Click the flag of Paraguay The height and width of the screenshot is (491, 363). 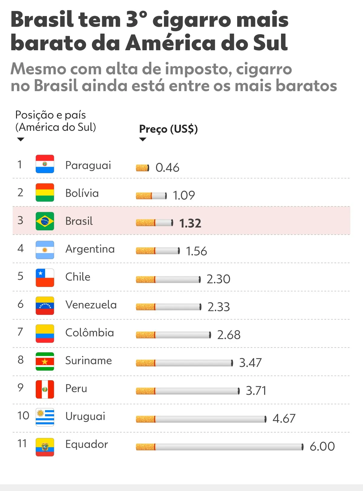tap(45, 164)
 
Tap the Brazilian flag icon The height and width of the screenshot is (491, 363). tap(45, 221)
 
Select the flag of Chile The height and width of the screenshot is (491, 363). tap(45, 278)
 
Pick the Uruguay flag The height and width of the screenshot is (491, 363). tap(45, 417)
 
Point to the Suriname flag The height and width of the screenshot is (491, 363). tap(45, 361)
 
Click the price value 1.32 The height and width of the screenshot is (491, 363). tap(190, 223)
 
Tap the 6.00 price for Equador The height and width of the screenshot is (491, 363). tap(322, 447)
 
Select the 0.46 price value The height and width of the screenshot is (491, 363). tap(167, 167)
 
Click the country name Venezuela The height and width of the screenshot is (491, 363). tap(91, 305)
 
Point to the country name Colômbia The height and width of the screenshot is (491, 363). tap(90, 333)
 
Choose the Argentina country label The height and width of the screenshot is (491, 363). tap(90, 249)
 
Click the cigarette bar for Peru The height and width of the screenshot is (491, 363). tap(188, 391)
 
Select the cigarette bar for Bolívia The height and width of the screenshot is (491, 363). tap(151, 196)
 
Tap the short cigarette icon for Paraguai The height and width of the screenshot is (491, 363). tap(142, 168)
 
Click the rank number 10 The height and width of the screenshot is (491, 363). tap(23, 416)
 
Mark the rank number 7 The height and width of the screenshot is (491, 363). tap(20, 332)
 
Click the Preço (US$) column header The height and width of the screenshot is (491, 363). tap(168, 129)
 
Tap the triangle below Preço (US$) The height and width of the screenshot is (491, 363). tap(142, 139)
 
